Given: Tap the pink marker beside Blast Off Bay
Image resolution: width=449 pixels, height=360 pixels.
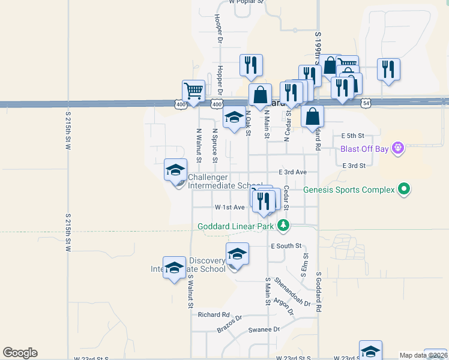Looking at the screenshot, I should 396,147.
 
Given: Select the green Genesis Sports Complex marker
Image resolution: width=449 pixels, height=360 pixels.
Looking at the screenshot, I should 404,190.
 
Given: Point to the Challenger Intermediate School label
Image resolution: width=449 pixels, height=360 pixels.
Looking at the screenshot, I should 225,181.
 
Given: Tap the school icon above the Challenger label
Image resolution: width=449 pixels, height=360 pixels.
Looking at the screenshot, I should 175,170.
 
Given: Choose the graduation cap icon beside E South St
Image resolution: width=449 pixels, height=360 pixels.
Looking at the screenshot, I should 237,254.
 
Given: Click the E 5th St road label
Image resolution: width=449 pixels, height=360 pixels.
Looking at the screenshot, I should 352,136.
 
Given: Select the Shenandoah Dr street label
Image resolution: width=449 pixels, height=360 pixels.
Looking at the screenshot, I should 292,292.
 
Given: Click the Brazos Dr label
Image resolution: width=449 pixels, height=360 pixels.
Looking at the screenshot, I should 229,325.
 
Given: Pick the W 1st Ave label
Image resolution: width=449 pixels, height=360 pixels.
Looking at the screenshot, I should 229,207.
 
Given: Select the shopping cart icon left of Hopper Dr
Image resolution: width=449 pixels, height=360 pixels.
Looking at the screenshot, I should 193,92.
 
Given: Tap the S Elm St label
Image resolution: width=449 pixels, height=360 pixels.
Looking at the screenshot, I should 306,264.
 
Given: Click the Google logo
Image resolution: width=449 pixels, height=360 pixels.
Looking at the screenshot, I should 20,353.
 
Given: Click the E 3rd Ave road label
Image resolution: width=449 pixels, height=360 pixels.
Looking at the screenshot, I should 293,172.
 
